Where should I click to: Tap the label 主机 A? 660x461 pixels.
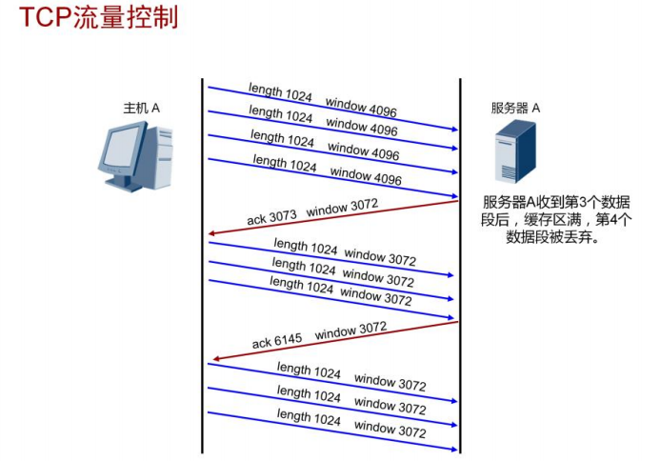(x=140, y=108)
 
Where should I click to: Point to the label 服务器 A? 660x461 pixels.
(x=515, y=108)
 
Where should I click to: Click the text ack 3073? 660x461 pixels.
(x=272, y=216)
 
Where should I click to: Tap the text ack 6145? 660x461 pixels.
(x=277, y=340)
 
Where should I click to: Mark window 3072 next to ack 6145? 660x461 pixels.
(x=350, y=331)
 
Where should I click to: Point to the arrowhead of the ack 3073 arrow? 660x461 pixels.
(x=214, y=233)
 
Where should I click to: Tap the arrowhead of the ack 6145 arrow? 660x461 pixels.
(x=218, y=358)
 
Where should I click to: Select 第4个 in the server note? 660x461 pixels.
(x=614, y=219)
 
